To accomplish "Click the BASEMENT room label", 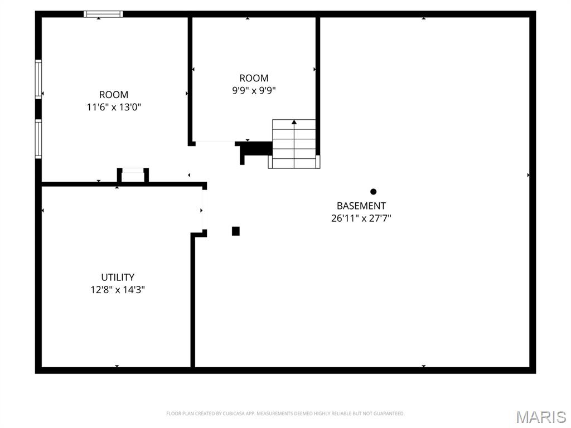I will tap(361, 206).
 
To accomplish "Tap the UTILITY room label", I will tap(118, 277).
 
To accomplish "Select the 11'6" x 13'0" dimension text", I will tap(114, 107).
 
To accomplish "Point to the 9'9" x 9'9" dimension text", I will tap(254, 90).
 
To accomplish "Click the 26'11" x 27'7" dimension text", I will tap(361, 218).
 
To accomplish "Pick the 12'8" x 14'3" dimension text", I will tap(118, 290).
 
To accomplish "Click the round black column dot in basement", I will tap(374, 192).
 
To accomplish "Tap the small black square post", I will tap(236, 231).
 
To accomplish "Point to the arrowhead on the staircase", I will tap(294, 121).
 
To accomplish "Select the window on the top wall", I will tap(103, 14).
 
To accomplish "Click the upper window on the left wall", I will tap(38, 79).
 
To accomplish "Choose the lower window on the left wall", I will tap(38, 139).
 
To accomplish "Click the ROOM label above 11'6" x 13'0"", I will tap(114, 95).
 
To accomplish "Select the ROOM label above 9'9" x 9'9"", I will tap(254, 78).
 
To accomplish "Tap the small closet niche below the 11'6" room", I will tap(133, 175).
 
